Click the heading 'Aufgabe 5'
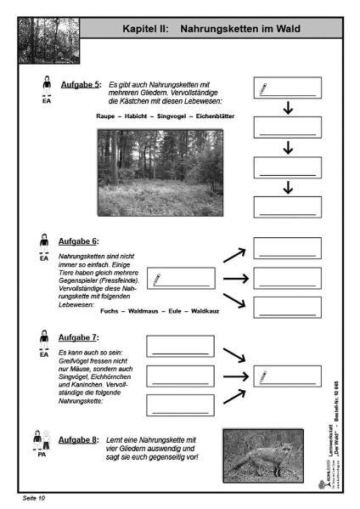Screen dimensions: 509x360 (x=82, y=85)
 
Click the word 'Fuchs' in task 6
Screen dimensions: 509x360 (x=110, y=312)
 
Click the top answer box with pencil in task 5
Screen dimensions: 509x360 (x=288, y=89)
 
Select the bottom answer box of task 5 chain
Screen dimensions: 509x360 (x=288, y=206)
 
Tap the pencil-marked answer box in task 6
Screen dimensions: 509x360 (x=181, y=278)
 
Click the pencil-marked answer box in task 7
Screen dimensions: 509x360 (x=288, y=376)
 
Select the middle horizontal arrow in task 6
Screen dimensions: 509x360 (x=234, y=278)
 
